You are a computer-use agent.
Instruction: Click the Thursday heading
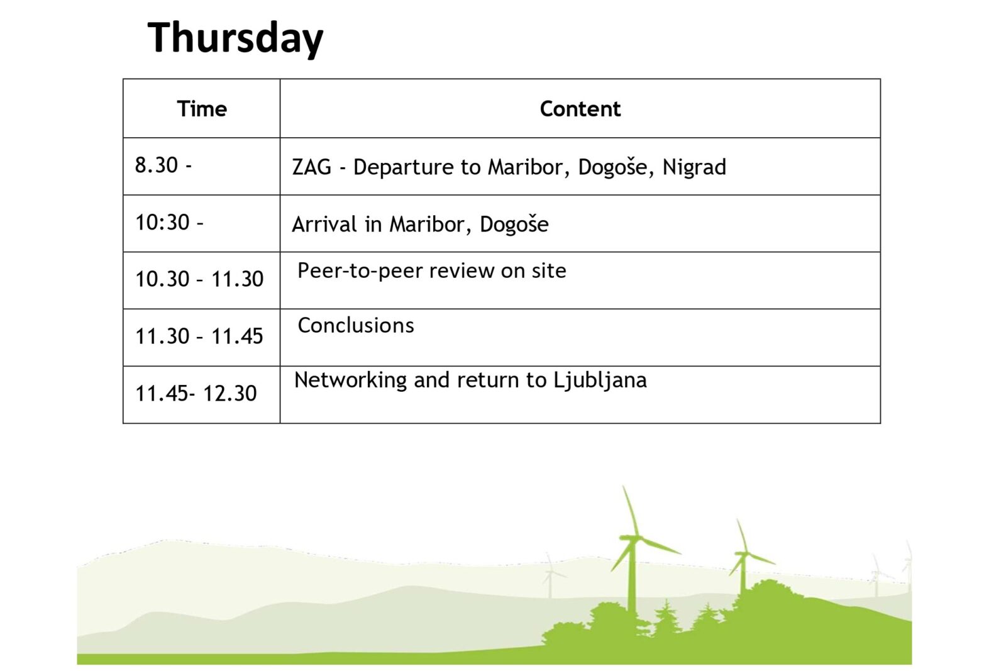click(x=235, y=38)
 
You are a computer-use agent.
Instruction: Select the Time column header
click(x=202, y=109)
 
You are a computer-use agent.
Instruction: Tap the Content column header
click(x=580, y=109)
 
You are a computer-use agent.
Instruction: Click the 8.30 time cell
click(x=163, y=165)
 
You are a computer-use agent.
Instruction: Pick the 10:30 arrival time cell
click(x=169, y=223)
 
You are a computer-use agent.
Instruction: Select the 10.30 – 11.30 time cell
click(x=199, y=279)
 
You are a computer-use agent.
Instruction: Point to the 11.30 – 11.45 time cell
click(x=199, y=336)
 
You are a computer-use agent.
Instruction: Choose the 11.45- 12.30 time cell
click(x=196, y=394)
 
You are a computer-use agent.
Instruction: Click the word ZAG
click(x=311, y=167)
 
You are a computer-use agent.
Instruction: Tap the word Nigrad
click(x=694, y=167)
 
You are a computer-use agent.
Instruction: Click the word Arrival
click(x=324, y=225)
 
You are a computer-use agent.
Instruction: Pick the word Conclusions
click(x=356, y=326)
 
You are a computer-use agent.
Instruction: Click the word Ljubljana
click(x=600, y=380)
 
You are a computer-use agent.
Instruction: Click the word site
click(x=549, y=271)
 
